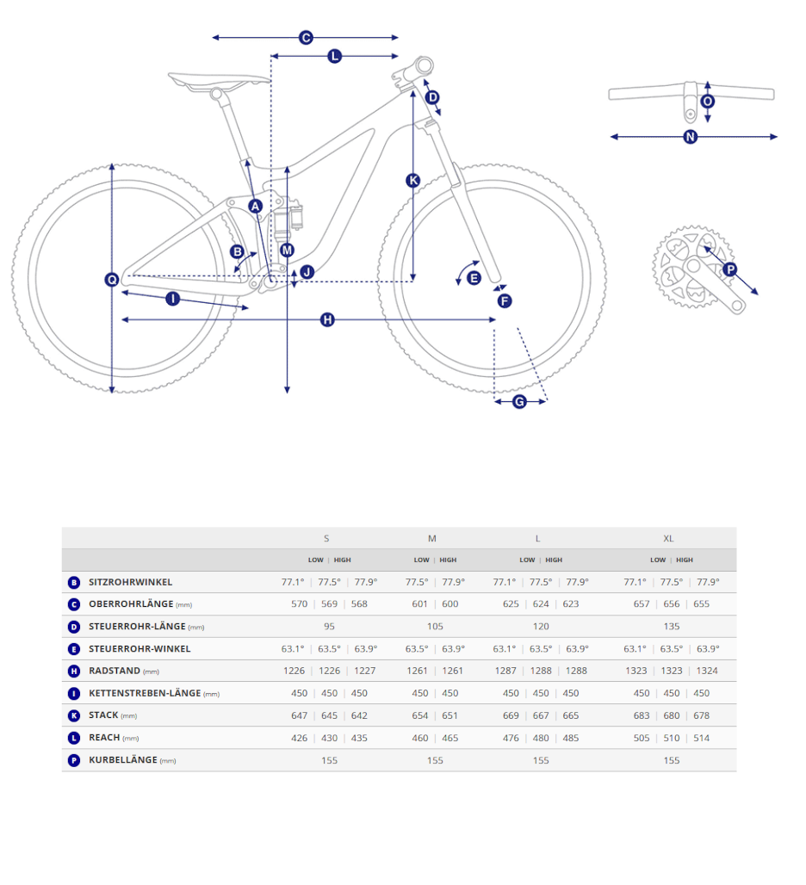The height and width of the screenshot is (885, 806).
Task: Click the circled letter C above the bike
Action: pos(306,38)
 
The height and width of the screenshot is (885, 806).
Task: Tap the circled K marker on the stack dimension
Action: pos(413,180)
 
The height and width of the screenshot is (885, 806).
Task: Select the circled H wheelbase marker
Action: pos(327,320)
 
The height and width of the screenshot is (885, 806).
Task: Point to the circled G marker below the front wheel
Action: pos(519,401)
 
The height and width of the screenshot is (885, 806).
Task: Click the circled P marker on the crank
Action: pos(730,269)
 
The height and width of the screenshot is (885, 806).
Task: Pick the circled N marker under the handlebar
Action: pos(691,137)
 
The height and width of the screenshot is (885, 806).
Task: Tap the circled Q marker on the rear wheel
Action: pos(112,280)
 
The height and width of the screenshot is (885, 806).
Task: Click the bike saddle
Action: pos(219,81)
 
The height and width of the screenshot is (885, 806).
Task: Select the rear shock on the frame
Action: pos(288,219)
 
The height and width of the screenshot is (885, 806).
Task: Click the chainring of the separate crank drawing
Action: pos(693,266)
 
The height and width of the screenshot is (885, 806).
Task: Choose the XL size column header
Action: pos(668,538)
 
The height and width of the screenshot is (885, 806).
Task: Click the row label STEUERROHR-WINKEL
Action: pos(139,649)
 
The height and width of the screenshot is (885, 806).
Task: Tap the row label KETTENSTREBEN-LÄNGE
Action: pos(145,693)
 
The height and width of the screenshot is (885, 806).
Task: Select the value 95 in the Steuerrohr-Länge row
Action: pos(329,627)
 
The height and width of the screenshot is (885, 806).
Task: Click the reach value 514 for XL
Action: pos(702,739)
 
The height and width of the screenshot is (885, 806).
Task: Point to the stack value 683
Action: pos(642,715)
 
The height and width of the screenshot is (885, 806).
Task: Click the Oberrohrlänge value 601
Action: pos(420,604)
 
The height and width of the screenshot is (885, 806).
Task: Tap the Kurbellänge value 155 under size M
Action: pos(435,761)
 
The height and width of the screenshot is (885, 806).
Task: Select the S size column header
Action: pos(326,538)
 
